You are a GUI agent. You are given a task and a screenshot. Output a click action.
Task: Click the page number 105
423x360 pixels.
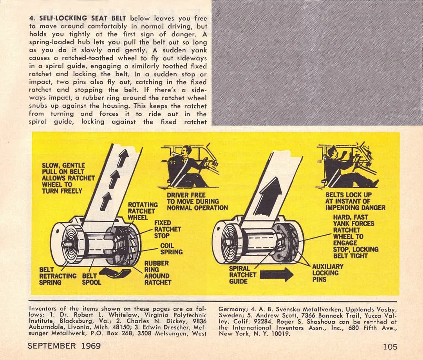click(x=390, y=347)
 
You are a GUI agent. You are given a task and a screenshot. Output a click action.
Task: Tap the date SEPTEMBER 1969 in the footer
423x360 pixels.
click(x=64, y=346)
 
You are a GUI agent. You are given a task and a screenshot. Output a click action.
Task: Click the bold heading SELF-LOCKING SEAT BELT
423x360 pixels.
click(x=83, y=18)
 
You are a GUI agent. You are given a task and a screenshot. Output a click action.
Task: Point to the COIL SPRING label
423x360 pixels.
click(x=171, y=249)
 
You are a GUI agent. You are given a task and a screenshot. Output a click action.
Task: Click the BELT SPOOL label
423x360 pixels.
click(x=91, y=279)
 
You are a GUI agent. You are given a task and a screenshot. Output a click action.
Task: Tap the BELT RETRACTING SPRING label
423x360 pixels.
click(x=58, y=276)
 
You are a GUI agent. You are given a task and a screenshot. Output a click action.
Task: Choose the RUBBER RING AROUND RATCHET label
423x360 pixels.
click(x=157, y=273)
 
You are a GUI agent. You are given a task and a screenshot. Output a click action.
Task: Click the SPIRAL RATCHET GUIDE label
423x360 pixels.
click(x=242, y=275)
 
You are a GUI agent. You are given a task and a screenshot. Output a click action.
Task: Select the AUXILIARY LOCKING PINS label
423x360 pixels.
click(x=328, y=273)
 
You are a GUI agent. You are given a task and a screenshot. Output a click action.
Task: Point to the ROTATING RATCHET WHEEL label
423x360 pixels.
click(x=143, y=211)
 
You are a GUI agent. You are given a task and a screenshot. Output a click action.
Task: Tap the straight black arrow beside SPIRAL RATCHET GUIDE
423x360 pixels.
click(x=277, y=275)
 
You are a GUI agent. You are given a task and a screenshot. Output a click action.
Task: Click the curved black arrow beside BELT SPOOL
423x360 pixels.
click(x=118, y=273)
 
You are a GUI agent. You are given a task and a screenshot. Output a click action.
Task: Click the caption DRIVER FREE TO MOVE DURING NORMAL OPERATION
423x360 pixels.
click(x=197, y=201)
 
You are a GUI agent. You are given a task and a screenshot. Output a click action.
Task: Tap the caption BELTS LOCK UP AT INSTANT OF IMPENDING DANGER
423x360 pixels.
click(x=355, y=201)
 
